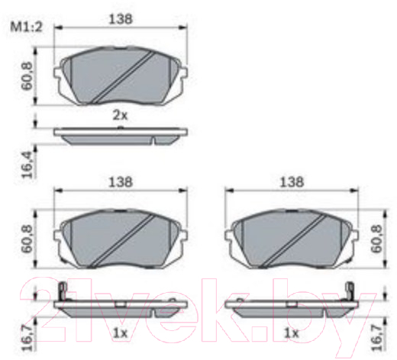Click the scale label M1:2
click(x=26, y=27)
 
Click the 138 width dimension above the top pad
click(x=121, y=19)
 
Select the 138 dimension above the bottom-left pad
click(x=121, y=182)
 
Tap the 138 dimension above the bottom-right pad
click(x=292, y=182)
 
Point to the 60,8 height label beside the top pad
click(x=27, y=76)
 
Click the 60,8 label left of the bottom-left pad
click(x=27, y=239)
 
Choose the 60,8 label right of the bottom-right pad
click(x=377, y=239)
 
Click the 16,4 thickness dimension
click(x=27, y=165)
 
